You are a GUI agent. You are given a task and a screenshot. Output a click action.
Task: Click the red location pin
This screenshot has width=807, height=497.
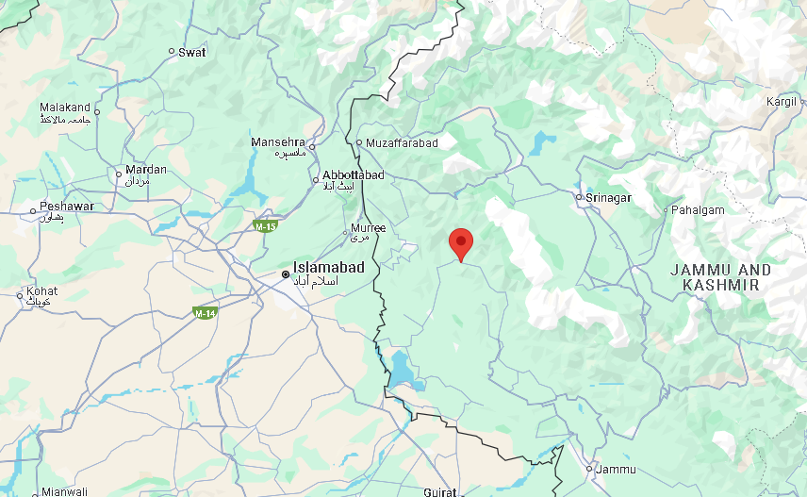pyautogui.click(x=460, y=243)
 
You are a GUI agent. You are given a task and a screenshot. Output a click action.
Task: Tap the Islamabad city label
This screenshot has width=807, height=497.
pyautogui.click(x=329, y=268)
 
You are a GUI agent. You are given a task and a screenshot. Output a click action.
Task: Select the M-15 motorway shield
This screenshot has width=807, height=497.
pyautogui.click(x=265, y=226)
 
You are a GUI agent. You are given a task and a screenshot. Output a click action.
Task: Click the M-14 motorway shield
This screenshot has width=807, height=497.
pyautogui.click(x=205, y=312)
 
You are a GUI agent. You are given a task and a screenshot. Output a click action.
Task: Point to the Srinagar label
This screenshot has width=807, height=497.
pyautogui.click(x=608, y=198)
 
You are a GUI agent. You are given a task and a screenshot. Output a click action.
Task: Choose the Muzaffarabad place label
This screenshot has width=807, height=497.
pyautogui.click(x=403, y=143)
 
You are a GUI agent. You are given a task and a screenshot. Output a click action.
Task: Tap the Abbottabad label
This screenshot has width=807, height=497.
pyautogui.click(x=354, y=176)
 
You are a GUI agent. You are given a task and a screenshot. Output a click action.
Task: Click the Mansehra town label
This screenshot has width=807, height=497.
pyautogui.click(x=279, y=142)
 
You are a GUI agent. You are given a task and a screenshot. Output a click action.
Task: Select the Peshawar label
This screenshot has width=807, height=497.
pyautogui.click(x=67, y=207)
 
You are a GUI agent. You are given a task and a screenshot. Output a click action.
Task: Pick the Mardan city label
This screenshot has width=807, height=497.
pyautogui.click(x=146, y=171)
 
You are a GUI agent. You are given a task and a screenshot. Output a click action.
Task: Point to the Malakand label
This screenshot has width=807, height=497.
pyautogui.click(x=65, y=108)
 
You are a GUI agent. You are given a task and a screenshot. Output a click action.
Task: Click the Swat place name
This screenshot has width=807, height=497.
pyautogui.click(x=192, y=53)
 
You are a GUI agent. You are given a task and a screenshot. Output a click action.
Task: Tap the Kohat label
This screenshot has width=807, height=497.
pyautogui.click(x=42, y=292)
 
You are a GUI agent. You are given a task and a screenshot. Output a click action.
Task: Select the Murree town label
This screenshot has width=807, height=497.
pyautogui.click(x=368, y=228)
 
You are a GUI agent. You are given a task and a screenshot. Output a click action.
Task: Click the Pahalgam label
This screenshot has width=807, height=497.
pyautogui.click(x=698, y=210)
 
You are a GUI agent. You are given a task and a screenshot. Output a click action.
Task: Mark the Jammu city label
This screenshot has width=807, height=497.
pyautogui.click(x=617, y=470)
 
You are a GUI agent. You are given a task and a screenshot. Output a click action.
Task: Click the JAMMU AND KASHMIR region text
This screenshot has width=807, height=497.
pyautogui.click(x=720, y=276)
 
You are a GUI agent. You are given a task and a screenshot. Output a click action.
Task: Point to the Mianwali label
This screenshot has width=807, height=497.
pyautogui.click(x=65, y=491)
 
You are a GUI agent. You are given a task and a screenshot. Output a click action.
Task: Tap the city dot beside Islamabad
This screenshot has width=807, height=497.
pyautogui.click(x=286, y=274)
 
